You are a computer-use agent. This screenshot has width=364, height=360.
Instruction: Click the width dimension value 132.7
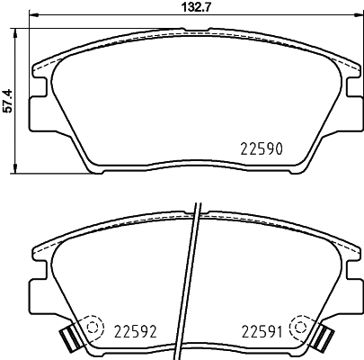point(197,6)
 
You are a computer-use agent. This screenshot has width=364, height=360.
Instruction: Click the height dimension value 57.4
point(7,101)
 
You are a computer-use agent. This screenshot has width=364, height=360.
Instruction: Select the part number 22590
point(262,148)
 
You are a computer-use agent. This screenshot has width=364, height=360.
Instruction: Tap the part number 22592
point(135,331)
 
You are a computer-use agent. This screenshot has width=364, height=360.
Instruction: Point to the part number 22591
point(262,331)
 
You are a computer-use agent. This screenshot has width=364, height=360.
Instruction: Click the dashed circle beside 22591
point(301,327)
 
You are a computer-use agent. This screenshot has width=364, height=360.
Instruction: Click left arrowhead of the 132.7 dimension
point(33,14)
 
